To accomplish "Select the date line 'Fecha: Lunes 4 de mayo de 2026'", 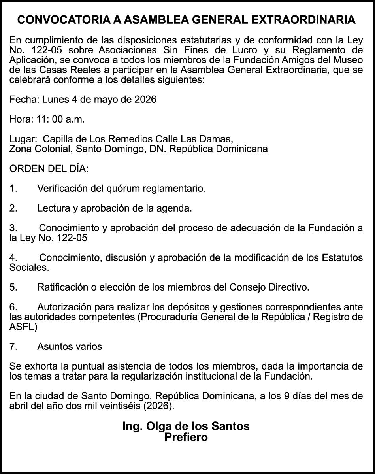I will (83, 99).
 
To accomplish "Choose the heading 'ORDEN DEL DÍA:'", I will (49, 169).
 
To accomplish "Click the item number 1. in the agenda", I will (13, 189).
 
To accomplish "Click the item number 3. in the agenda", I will (13, 228).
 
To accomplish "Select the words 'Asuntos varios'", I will (70, 347).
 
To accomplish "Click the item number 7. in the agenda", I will (13, 347).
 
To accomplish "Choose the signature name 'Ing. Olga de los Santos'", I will (186, 426).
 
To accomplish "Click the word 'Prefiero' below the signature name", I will (186, 437).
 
